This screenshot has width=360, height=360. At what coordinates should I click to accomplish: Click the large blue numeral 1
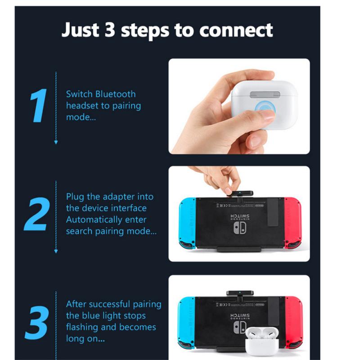40,106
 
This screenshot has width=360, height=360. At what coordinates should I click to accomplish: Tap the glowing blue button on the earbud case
262,110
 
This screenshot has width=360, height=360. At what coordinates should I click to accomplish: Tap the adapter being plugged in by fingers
239,194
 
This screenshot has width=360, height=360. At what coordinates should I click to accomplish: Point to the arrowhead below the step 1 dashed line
56,142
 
